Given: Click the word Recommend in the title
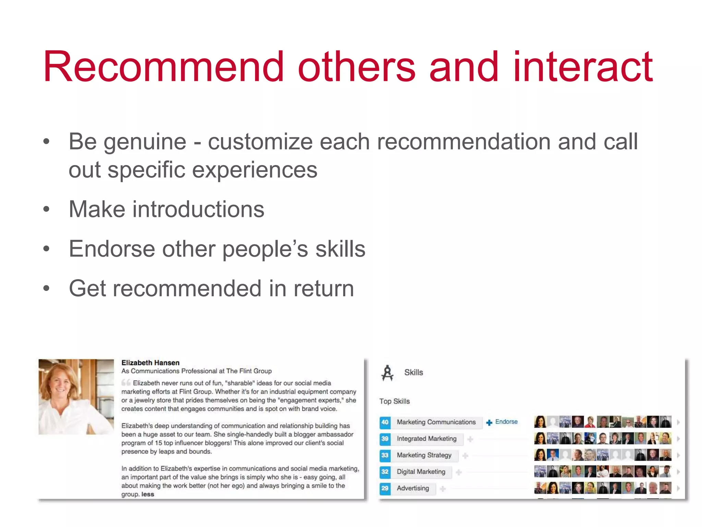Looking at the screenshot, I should pos(163,67).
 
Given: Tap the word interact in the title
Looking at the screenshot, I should pos(583,67).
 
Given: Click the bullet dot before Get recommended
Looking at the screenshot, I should pos(46,288).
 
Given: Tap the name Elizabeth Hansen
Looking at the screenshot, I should pos(150,363).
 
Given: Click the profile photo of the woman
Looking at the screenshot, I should pos(76,397).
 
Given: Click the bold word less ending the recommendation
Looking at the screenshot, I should pos(148,494).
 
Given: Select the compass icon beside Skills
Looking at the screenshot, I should pos(387,373).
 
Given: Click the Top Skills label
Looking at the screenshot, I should pos(394,401).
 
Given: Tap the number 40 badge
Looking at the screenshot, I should pos(385,422).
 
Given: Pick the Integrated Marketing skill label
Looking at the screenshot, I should pos(426,439).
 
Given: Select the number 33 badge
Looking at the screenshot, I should pos(385,455).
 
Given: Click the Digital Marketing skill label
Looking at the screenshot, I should pos(421,472).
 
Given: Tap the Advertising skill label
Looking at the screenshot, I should pos(413,488).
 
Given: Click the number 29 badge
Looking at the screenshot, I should pos(385,488).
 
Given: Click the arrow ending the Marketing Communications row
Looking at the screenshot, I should pos(678,422).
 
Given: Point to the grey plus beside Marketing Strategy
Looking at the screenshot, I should pos(465,456).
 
